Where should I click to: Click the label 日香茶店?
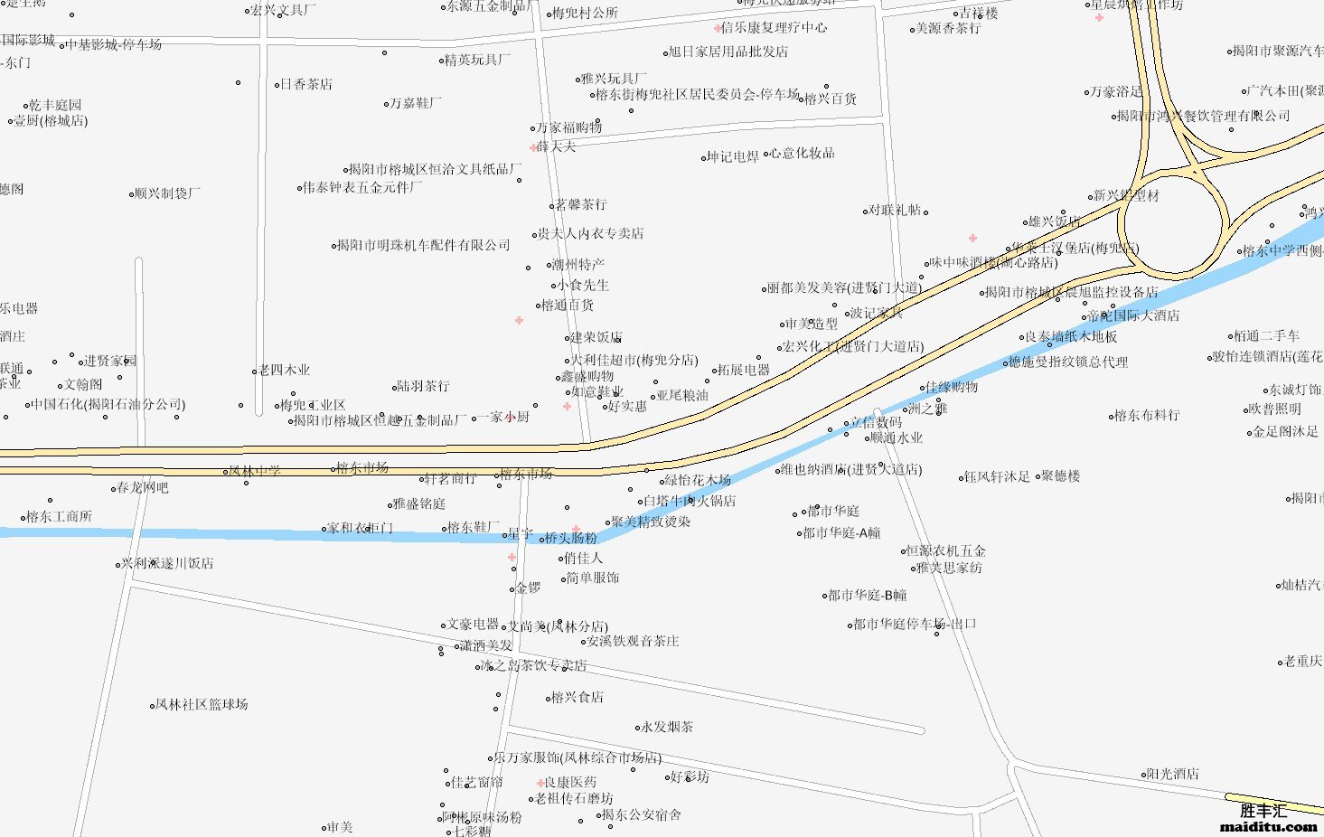pyautogui.click(x=305, y=84)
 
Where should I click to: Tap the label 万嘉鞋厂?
pyautogui.click(x=416, y=103)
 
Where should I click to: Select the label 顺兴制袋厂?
pyautogui.click(x=167, y=193)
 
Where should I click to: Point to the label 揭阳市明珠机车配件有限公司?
pyautogui.click(x=423, y=245)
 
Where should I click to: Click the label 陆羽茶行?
pyautogui.click(x=423, y=386)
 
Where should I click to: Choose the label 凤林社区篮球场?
pyautogui.click(x=201, y=704)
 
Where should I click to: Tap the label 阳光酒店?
pyautogui.click(x=1172, y=774)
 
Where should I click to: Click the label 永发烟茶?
pyautogui.click(x=667, y=727)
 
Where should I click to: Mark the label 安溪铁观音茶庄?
pyautogui.click(x=633, y=641)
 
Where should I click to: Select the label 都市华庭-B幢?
pyautogui.click(x=867, y=595)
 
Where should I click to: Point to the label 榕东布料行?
pyautogui.click(x=1147, y=415)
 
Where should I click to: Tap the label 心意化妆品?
pyautogui.click(x=803, y=154)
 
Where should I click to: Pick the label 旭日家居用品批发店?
pyautogui.click(x=728, y=52)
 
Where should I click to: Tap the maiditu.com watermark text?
pyautogui.click(x=1268, y=826)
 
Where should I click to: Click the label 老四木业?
pyautogui.click(x=284, y=370)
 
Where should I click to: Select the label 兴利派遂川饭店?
pyautogui.click(x=167, y=563)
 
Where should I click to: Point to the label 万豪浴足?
pyautogui.click(x=1116, y=91)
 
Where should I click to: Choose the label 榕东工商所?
pyautogui.click(x=59, y=516)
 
